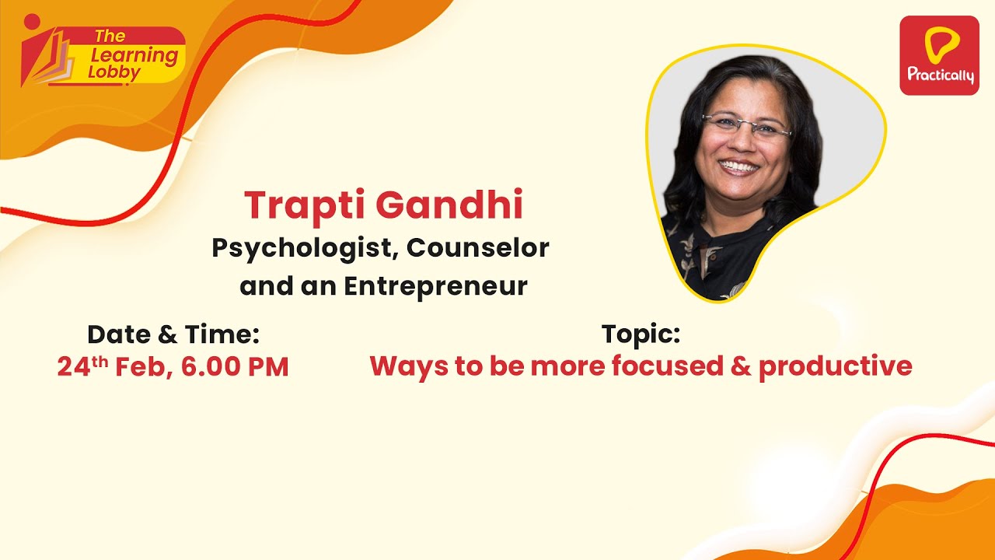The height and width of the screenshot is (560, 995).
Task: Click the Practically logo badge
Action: pos(940,55)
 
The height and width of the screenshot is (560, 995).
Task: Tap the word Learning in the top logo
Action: pos(134,56)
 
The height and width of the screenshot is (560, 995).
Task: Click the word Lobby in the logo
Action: pos(114,73)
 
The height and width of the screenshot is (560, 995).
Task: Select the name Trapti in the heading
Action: pos(306,206)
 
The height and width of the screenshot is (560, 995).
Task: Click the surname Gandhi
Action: pos(449,205)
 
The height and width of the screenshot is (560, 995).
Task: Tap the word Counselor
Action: pos(478,247)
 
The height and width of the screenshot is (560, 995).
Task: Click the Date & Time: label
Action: pos(173,334)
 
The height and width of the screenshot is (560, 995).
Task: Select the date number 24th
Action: pos(82,366)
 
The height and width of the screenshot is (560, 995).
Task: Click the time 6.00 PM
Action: pos(235,367)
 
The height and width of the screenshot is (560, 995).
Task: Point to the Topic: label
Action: pos(641,334)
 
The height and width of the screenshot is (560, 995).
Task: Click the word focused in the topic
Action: pos(668,366)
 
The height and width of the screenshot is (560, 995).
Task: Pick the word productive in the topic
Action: pos(835,367)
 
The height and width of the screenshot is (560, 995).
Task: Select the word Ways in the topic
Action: pos(409,368)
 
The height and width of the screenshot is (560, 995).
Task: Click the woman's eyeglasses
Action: pos(747,124)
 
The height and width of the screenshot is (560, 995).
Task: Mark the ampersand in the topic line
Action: pos(741,366)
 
